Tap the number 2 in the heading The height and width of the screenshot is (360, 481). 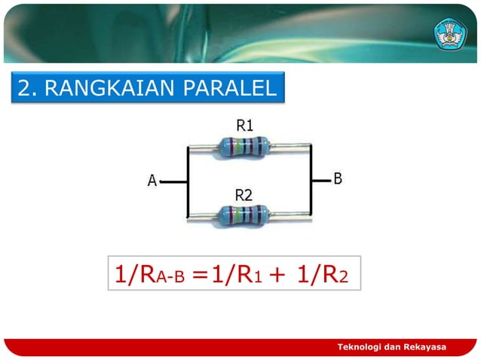25,89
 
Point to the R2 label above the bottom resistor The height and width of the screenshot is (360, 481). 243,195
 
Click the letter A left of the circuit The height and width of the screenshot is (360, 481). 152,182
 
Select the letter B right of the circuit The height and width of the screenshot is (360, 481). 338,178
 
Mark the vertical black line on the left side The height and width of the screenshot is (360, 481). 187,181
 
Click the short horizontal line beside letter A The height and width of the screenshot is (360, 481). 173,182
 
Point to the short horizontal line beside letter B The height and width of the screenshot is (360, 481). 320,179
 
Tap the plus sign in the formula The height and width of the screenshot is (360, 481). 275,275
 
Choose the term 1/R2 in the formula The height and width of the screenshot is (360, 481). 323,274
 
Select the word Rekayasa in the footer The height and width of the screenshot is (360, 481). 424,346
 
